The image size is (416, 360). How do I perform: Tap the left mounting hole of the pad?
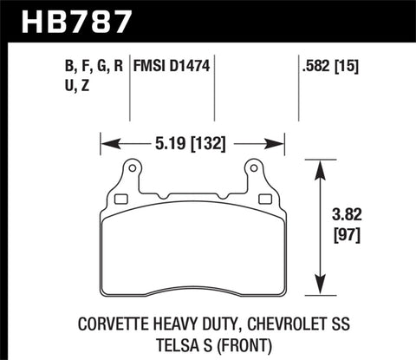point(132,167)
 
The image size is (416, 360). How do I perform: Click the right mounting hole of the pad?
point(255,167)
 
